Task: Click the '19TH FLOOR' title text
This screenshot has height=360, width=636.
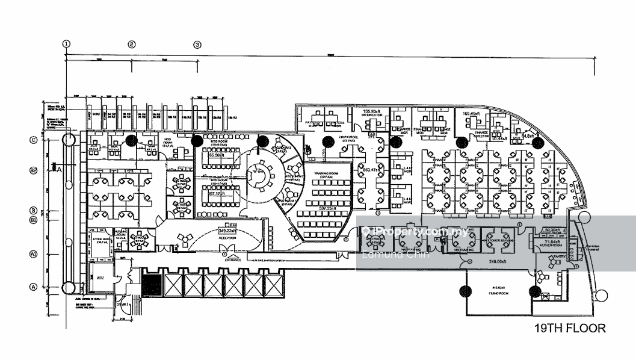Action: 570,329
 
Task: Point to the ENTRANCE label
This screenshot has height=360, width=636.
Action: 233,259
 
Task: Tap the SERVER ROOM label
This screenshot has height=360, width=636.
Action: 551,247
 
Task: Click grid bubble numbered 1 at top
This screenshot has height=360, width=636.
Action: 66,43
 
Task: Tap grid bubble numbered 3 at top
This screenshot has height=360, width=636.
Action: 197,44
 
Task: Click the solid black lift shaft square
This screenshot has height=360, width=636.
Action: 151,282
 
